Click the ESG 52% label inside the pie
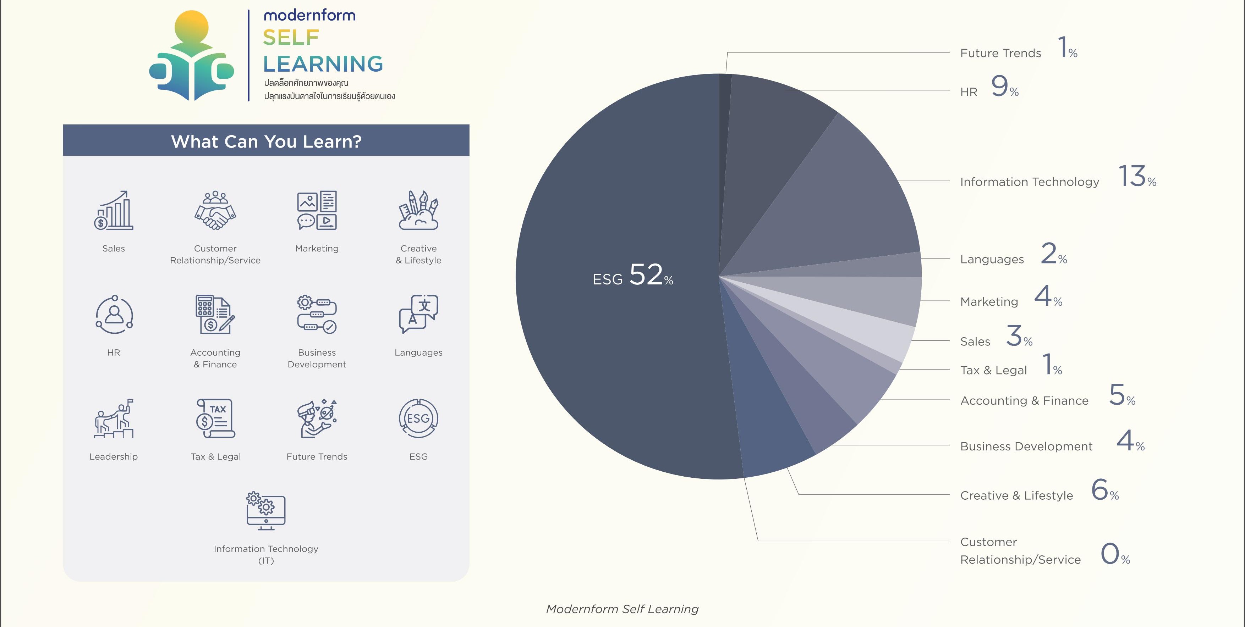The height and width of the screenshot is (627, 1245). (x=633, y=275)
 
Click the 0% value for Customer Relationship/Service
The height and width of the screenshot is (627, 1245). (x=1115, y=554)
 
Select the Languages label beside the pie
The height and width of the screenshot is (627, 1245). (x=992, y=259)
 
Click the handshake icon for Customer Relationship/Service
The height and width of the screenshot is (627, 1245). (x=215, y=210)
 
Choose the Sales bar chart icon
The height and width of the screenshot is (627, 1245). (x=114, y=210)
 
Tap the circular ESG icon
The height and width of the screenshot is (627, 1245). (x=418, y=418)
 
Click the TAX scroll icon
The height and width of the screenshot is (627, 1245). (x=215, y=418)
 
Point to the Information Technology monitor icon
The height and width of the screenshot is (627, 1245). (x=266, y=511)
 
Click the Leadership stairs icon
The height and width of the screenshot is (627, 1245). (x=114, y=418)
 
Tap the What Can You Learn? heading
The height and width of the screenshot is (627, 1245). (x=266, y=142)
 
